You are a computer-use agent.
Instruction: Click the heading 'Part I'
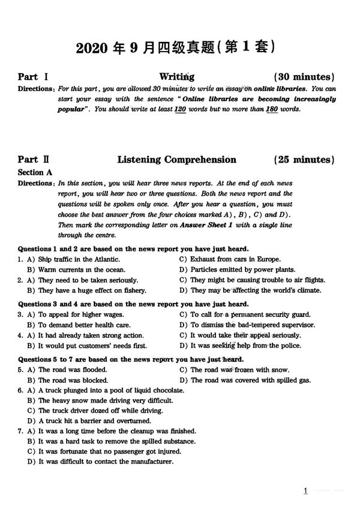[x=28, y=77]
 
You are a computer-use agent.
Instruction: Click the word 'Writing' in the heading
[x=176, y=77]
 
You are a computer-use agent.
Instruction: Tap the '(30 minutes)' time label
[x=304, y=77]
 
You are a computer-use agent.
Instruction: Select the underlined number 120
[x=179, y=109]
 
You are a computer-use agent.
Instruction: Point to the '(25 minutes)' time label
[x=304, y=160]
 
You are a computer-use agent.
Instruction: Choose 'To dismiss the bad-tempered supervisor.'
[x=252, y=325]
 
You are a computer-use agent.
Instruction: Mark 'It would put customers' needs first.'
[x=92, y=346]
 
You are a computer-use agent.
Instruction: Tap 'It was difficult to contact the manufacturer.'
[x=106, y=461]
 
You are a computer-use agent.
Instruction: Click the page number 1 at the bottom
[x=305, y=491]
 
